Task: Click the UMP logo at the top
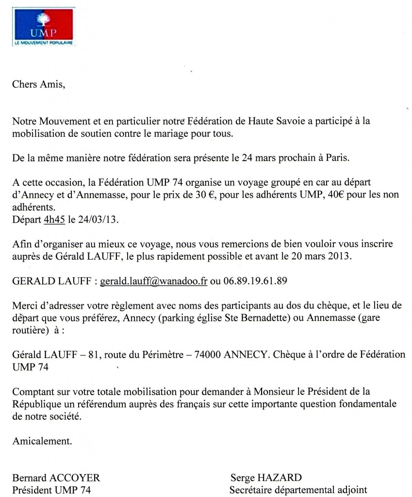44,27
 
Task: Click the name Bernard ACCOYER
56,478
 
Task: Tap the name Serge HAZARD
266,478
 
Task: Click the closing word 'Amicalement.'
42,441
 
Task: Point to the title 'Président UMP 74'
51,490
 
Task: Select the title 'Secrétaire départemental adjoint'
298,490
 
